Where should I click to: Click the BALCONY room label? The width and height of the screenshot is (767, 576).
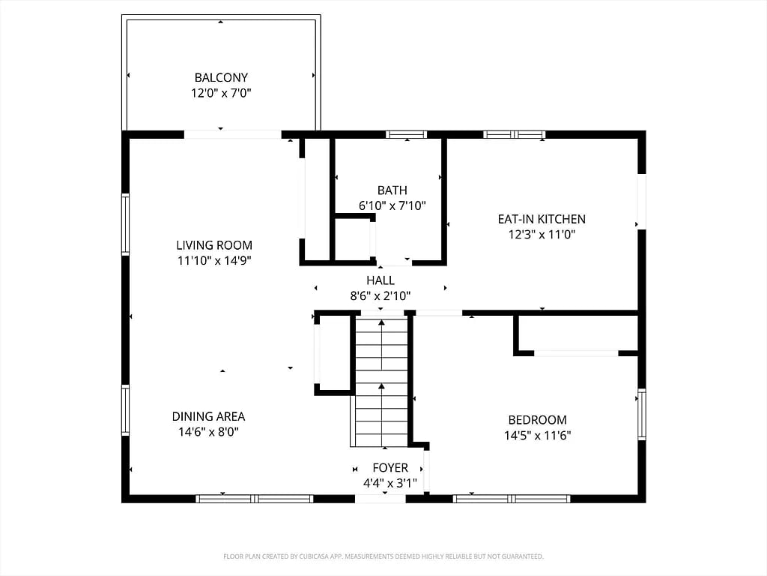[221, 77]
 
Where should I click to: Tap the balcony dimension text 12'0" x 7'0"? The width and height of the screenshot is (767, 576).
[221, 92]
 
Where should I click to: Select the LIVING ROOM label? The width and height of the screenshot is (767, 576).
[214, 245]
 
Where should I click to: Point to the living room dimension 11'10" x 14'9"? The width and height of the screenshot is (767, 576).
[214, 260]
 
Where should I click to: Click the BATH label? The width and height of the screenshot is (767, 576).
[392, 190]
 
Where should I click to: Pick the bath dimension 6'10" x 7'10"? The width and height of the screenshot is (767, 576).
[392, 205]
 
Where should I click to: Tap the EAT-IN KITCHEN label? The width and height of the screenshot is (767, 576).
[542, 219]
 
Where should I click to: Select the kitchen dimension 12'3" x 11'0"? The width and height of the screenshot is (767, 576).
[542, 234]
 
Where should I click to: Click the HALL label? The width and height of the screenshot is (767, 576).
[381, 280]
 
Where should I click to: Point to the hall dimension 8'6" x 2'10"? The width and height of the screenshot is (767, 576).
[381, 295]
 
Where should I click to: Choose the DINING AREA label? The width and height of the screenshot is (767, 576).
[208, 416]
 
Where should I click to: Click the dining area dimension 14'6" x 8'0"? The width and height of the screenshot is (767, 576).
[208, 431]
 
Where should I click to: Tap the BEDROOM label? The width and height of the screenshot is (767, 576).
[538, 420]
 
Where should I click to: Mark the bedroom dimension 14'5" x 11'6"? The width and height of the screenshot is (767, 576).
[538, 435]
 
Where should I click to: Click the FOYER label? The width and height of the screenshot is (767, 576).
[390, 468]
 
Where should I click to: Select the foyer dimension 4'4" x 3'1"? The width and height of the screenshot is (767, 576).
[390, 483]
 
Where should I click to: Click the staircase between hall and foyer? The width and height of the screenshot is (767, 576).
[381, 382]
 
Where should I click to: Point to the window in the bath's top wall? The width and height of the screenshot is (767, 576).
[406, 134]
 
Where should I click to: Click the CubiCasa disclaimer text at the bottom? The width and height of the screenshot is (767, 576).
[383, 556]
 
